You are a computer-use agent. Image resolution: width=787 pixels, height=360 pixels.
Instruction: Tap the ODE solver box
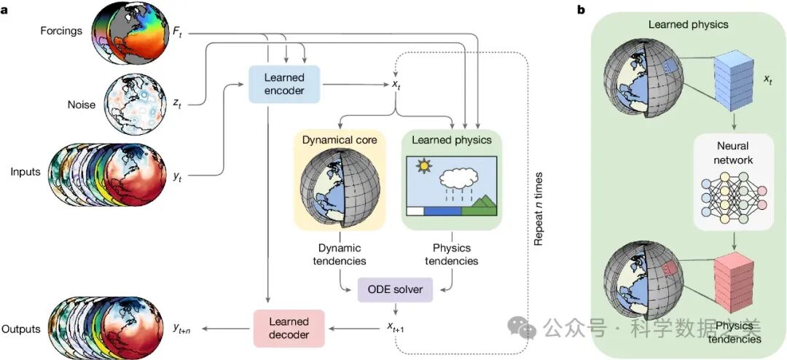[395, 290]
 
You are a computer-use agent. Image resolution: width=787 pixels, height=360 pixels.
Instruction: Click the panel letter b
[580, 9]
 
